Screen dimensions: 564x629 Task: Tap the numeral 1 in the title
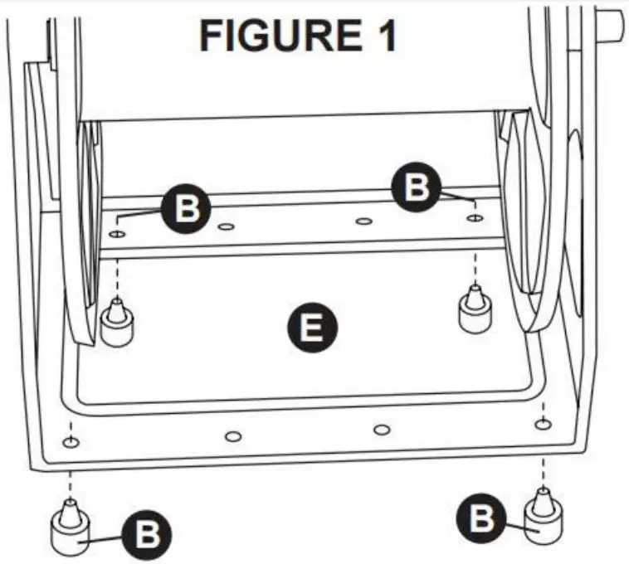pos(383,36)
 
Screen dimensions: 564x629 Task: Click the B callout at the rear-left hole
pos(188,208)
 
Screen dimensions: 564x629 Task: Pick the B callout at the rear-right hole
pos(417,188)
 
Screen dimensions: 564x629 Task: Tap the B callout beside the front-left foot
pos(148,534)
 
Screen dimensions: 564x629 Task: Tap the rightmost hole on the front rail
pos(541,425)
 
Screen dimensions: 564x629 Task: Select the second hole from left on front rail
pos(232,435)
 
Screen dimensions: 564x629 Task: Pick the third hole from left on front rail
pos(381,429)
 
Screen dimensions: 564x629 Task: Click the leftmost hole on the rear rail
pos(117,235)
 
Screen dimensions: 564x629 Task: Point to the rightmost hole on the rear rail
pos(474,218)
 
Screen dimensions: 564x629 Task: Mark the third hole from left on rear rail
pos(362,221)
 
